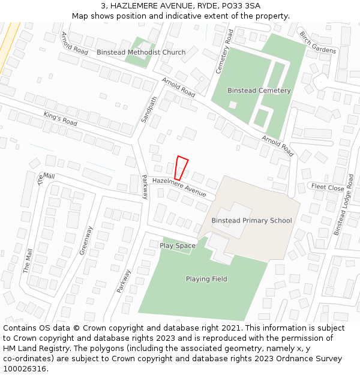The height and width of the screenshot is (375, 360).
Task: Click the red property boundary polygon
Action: point(181,167)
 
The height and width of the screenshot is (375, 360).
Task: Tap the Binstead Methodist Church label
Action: point(141,52)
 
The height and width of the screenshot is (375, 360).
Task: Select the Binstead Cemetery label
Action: point(259,91)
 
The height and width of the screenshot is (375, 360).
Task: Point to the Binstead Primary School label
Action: point(251,220)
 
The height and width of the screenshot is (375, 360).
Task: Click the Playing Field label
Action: point(206,279)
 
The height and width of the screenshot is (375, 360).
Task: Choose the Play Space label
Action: point(177,245)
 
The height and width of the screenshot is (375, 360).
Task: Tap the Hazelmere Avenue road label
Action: point(179,187)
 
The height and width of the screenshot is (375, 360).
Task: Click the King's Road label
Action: point(61,118)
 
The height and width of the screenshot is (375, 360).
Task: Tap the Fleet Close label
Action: point(327,187)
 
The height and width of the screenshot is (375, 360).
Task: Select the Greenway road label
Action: point(86,241)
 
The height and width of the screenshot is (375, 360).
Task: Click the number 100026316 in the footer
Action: point(24,368)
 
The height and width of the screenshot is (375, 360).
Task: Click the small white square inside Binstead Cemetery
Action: point(233,104)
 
